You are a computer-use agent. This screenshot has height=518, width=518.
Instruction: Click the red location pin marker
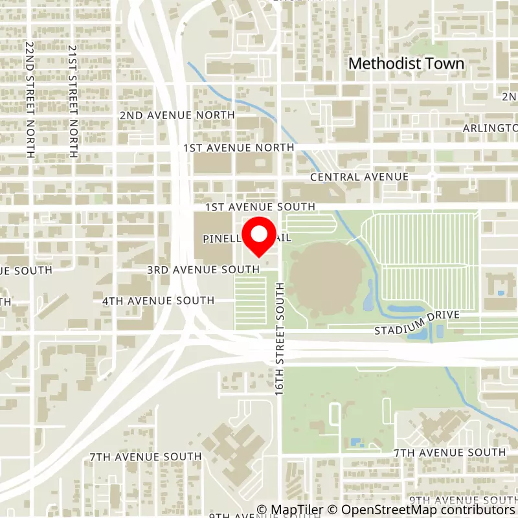[259, 238]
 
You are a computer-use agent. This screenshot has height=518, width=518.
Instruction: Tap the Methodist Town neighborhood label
[407, 63]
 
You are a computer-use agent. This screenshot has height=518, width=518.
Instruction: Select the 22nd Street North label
[30, 100]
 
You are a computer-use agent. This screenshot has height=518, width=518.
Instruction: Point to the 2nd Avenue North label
[177, 115]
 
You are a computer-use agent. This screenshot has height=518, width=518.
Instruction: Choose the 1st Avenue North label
[239, 148]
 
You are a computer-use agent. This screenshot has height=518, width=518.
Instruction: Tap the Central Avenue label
[359, 177]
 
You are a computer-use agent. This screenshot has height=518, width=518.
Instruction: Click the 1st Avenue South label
[260, 207]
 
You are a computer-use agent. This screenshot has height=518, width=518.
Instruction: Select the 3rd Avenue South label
[203, 269]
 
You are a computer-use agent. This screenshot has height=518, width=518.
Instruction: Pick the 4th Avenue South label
[158, 300]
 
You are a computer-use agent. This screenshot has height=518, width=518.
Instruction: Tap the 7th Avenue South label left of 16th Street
[146, 457]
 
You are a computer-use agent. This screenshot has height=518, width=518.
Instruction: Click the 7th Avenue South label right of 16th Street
[449, 452]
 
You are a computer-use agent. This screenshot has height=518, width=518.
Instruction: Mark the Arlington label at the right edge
[490, 128]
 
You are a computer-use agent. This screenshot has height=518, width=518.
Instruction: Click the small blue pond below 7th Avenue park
[355, 443]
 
